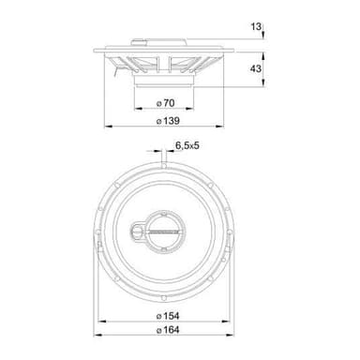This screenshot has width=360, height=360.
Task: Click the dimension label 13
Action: click(255, 26)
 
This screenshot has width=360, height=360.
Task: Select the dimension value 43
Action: click(255, 68)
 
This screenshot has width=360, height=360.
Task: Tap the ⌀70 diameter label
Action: click(165, 103)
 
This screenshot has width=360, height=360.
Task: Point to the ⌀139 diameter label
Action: click(168, 121)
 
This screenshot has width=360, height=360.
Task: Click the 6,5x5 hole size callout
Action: click(187, 145)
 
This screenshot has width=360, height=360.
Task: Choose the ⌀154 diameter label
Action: click(168, 316)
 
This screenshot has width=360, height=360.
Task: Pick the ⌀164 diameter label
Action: click(168, 330)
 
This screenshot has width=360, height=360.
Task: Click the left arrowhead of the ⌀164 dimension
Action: click(98, 335)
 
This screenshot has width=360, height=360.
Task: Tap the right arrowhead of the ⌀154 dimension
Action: click(226, 321)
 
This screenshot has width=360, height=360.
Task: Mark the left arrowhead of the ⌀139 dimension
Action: click(108, 127)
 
